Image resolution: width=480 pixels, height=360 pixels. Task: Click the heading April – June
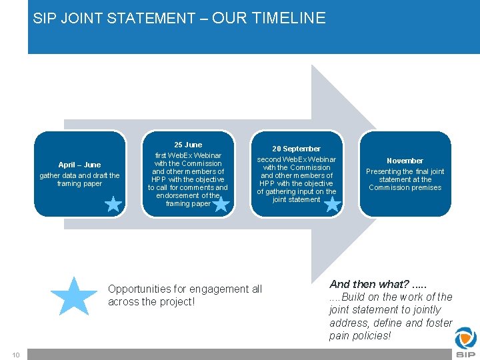[x=79, y=165]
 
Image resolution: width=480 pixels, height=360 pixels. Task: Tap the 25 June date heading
[x=188, y=145]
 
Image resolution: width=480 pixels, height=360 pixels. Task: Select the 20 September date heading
[x=296, y=149]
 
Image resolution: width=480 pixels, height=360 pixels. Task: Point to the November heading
[x=405, y=161]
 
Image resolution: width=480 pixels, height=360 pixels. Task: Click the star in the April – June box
[x=113, y=203]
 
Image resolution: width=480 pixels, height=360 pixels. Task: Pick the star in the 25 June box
[x=221, y=203]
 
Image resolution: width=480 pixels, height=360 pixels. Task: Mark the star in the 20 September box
[x=331, y=203]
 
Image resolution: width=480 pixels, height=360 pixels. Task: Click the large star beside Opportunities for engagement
[x=73, y=296]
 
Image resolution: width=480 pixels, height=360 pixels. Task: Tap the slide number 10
[x=15, y=354]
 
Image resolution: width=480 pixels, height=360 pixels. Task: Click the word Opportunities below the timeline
[x=139, y=289]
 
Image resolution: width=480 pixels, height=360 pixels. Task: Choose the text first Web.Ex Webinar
[x=188, y=155]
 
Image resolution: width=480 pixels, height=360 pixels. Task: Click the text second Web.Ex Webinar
[x=297, y=159]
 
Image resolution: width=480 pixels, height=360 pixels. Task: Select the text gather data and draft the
[x=79, y=175]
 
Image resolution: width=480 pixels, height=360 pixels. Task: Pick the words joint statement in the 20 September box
[x=296, y=199]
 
